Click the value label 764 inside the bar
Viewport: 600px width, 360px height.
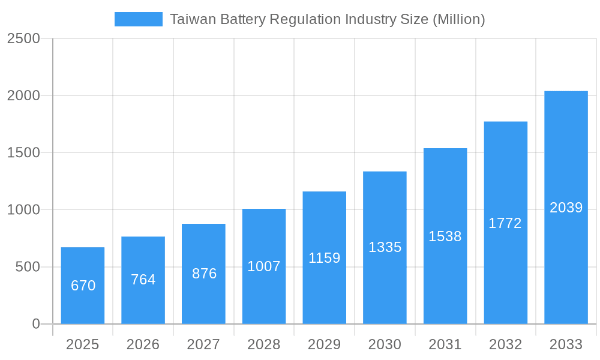click(143, 280)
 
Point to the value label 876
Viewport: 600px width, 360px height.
click(204, 274)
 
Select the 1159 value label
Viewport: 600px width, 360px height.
click(325, 258)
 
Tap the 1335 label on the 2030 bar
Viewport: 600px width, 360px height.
click(385, 247)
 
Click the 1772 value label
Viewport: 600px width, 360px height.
click(505, 223)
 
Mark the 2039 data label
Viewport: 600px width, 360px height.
click(566, 208)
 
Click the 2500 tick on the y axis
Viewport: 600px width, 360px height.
click(23, 38)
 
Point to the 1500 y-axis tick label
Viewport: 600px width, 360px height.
click(23, 153)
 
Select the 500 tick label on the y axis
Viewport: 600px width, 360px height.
click(28, 267)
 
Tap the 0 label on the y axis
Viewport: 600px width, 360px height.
click(35, 324)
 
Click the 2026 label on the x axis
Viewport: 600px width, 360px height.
click(143, 344)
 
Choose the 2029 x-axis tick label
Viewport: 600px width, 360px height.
click(325, 344)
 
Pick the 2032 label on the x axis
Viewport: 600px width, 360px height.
click(505, 344)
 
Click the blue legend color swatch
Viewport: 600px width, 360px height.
click(139, 19)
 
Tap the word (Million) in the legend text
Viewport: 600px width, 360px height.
click(458, 19)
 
